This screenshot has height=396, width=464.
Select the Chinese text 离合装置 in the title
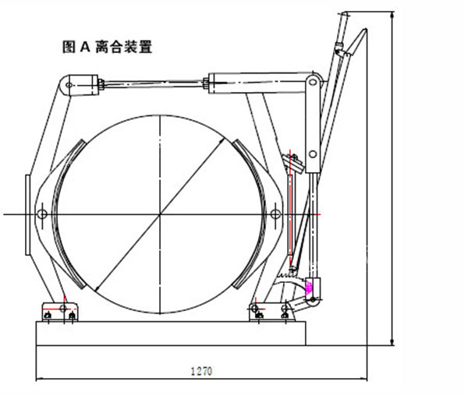(123, 47)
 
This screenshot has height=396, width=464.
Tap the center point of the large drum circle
(161, 214)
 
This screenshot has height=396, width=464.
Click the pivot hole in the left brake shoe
(42, 214)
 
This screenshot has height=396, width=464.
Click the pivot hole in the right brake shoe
(275, 214)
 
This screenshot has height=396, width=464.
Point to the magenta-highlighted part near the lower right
(312, 286)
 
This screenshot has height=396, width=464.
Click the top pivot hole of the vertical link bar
(313, 82)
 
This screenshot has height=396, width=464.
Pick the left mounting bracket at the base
(60, 313)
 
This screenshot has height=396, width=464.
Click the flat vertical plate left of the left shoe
(28, 214)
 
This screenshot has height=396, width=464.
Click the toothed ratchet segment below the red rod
(292, 274)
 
